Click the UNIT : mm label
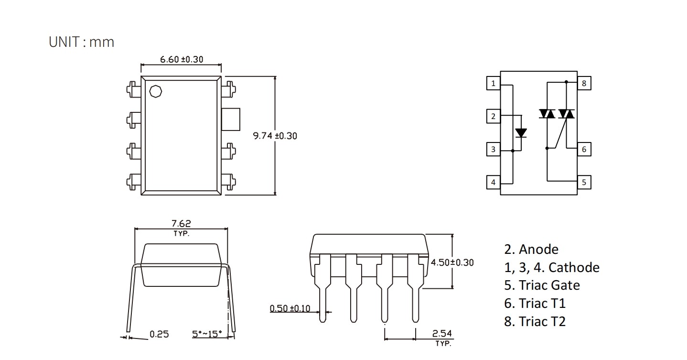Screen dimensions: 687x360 (81, 42)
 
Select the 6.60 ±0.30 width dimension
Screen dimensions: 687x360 (182, 59)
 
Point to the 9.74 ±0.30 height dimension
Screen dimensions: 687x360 (275, 136)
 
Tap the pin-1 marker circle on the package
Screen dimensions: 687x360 (155, 91)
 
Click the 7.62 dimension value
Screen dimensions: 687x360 (181, 223)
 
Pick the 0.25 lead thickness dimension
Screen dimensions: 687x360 (159, 334)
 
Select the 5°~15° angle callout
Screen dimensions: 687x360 (207, 334)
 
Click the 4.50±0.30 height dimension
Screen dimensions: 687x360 (452, 262)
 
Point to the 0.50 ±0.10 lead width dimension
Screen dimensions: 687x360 (290, 308)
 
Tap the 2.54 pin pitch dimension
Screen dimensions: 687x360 (442, 333)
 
